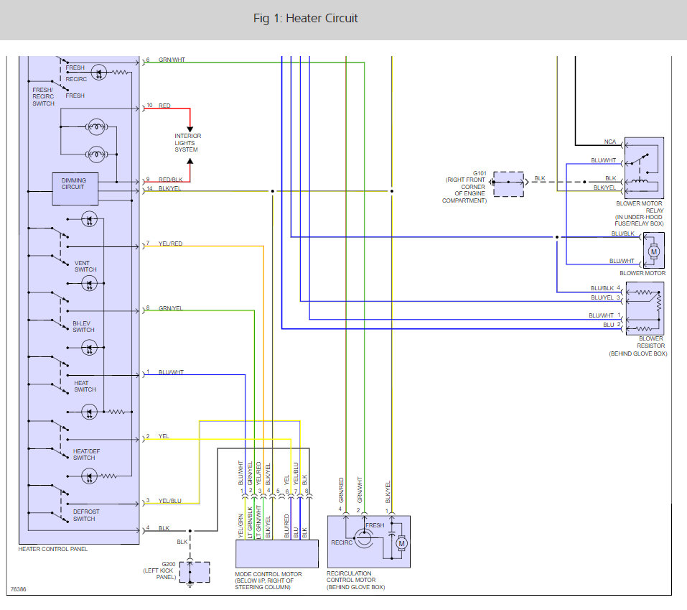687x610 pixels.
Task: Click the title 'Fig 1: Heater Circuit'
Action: [x=305, y=19]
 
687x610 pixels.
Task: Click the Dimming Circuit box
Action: [x=75, y=189]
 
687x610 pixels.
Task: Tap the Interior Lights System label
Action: [x=187, y=143]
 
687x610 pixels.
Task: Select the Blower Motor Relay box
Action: [x=644, y=168]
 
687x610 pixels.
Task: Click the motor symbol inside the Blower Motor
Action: [x=654, y=251]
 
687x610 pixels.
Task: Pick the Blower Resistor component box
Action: [x=645, y=309]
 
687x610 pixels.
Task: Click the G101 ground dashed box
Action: [x=508, y=184]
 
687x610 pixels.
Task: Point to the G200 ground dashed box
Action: [x=195, y=572]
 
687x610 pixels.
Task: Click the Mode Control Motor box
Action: [x=277, y=554]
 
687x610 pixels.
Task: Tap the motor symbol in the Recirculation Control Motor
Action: [x=401, y=544]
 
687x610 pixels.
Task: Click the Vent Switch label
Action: [x=85, y=266]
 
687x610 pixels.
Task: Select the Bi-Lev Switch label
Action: [x=83, y=327]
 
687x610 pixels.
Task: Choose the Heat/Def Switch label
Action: [x=86, y=454]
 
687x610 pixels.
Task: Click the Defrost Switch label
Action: [x=86, y=515]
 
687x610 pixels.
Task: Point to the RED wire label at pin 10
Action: [x=164, y=106]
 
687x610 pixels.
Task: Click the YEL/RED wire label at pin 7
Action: [x=170, y=244]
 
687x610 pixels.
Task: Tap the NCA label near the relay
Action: [x=610, y=142]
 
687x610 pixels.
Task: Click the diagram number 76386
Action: [x=19, y=589]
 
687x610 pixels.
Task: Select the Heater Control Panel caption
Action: [x=53, y=549]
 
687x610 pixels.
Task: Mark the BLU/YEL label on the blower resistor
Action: [x=602, y=297]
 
